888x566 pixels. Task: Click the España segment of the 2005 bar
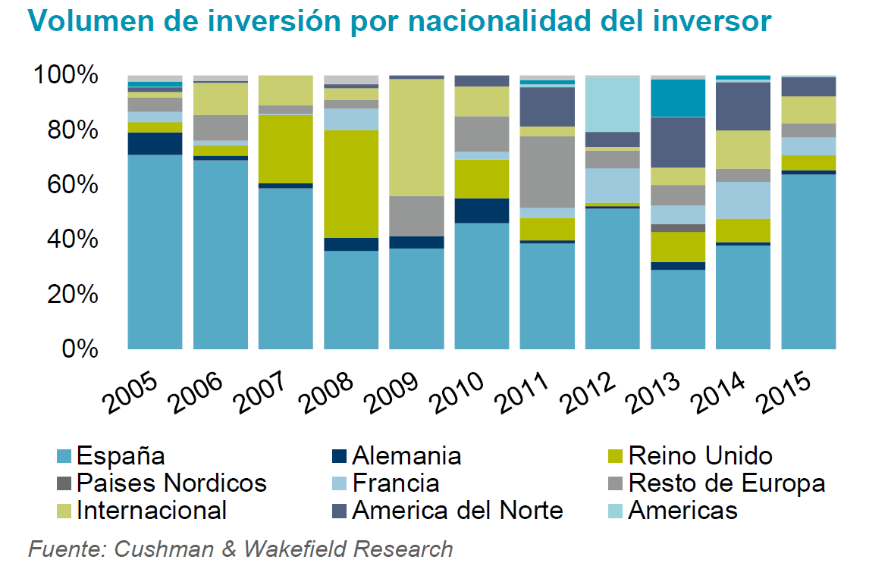coord(155,252)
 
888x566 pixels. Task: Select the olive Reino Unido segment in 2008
coord(351,183)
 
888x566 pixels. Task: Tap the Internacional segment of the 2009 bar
coord(416,137)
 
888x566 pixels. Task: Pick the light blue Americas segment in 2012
coord(612,105)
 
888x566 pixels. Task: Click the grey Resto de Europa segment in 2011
coord(547,171)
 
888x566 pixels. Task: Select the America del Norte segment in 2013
coord(677,142)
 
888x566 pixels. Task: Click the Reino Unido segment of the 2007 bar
coord(286,149)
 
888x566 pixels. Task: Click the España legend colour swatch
coord(65,456)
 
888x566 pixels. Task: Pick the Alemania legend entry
coord(406,456)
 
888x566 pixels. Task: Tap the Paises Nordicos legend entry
coord(171,483)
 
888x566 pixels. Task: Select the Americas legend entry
coord(682,510)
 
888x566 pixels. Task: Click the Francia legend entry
coord(395,483)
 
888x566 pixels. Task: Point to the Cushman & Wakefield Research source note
coord(240,549)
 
